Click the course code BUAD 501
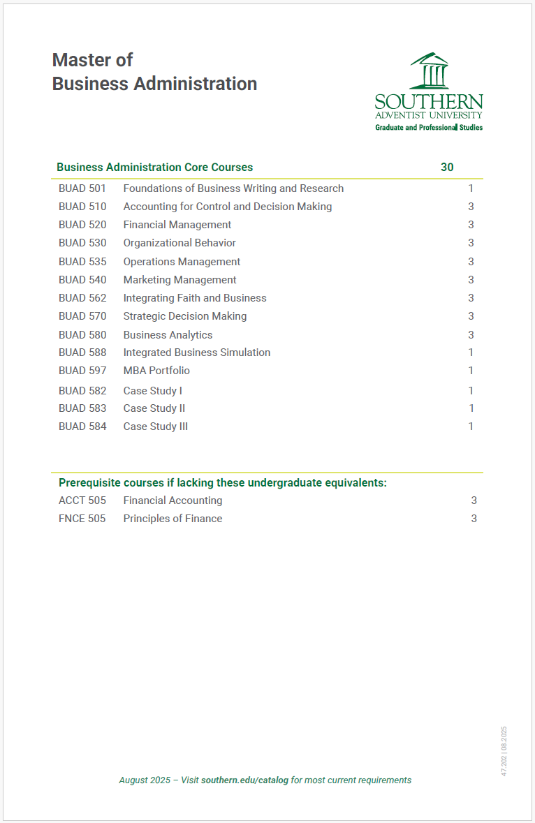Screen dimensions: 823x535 click(x=82, y=188)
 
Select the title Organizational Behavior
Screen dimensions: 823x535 click(x=179, y=243)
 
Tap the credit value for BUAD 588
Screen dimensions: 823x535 click(x=471, y=353)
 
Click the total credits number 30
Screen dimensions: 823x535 click(x=447, y=168)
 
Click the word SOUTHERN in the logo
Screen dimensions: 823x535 click(x=428, y=101)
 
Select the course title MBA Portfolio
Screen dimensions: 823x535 click(x=156, y=371)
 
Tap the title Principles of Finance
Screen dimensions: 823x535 click(x=173, y=519)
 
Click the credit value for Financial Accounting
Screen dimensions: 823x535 click(x=474, y=501)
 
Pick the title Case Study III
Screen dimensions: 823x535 click(x=155, y=427)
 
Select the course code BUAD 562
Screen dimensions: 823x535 click(x=82, y=298)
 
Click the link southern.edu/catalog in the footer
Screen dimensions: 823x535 click(x=244, y=780)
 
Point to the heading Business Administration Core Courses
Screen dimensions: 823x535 click(x=154, y=168)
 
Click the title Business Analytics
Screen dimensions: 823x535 click(x=168, y=335)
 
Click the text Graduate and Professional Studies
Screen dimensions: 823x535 click(x=428, y=128)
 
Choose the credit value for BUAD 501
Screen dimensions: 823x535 click(x=471, y=188)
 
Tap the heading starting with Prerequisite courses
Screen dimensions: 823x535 click(x=222, y=483)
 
